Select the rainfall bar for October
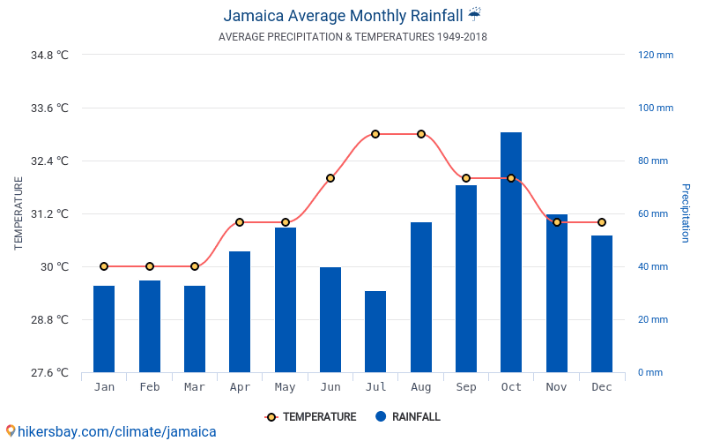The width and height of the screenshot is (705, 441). [511, 252]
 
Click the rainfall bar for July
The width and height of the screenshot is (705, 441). [375, 332]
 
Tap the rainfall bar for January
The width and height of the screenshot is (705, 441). [104, 329]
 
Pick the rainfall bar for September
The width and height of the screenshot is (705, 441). [466, 279]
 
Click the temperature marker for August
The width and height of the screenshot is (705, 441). [421, 134]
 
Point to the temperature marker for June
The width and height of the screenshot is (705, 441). [330, 178]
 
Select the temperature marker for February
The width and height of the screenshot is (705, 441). [150, 266]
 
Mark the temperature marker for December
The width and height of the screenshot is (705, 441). [602, 222]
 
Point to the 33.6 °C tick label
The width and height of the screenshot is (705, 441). [49, 108]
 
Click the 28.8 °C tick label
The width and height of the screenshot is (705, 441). [49, 319]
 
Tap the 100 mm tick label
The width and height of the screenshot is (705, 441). [656, 108]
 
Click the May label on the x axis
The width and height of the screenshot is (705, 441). [285, 387]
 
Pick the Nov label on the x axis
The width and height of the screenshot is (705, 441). [556, 387]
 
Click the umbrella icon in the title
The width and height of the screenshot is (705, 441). [474, 14]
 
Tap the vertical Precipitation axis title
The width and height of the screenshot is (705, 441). [685, 213]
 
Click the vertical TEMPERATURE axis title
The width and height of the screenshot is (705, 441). [19, 213]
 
